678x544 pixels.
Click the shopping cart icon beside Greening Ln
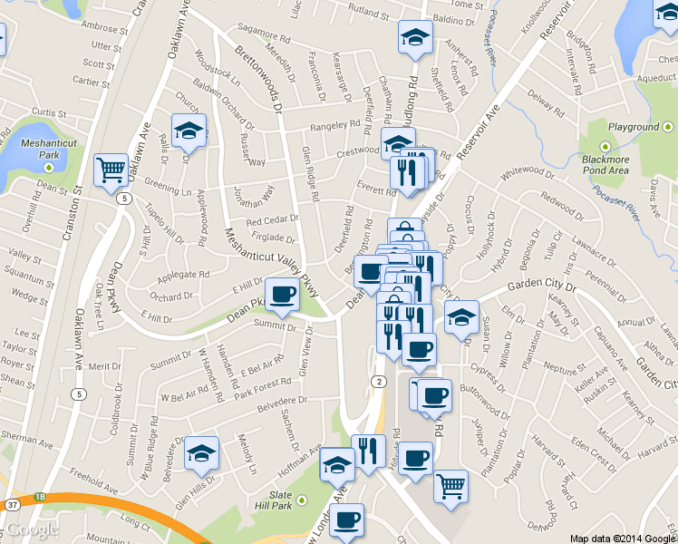pos(110,169)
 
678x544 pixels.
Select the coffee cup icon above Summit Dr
pos(281,294)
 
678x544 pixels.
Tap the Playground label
pos(634,127)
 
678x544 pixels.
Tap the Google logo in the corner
pos(34,530)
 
